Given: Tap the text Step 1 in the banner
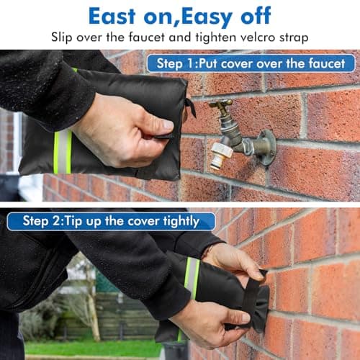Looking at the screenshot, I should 176,63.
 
